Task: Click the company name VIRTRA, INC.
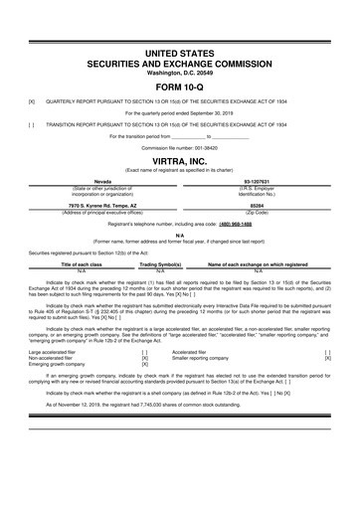tap(179, 160)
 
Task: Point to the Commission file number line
tap(179, 147)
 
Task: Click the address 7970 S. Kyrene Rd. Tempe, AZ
tap(95, 206)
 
